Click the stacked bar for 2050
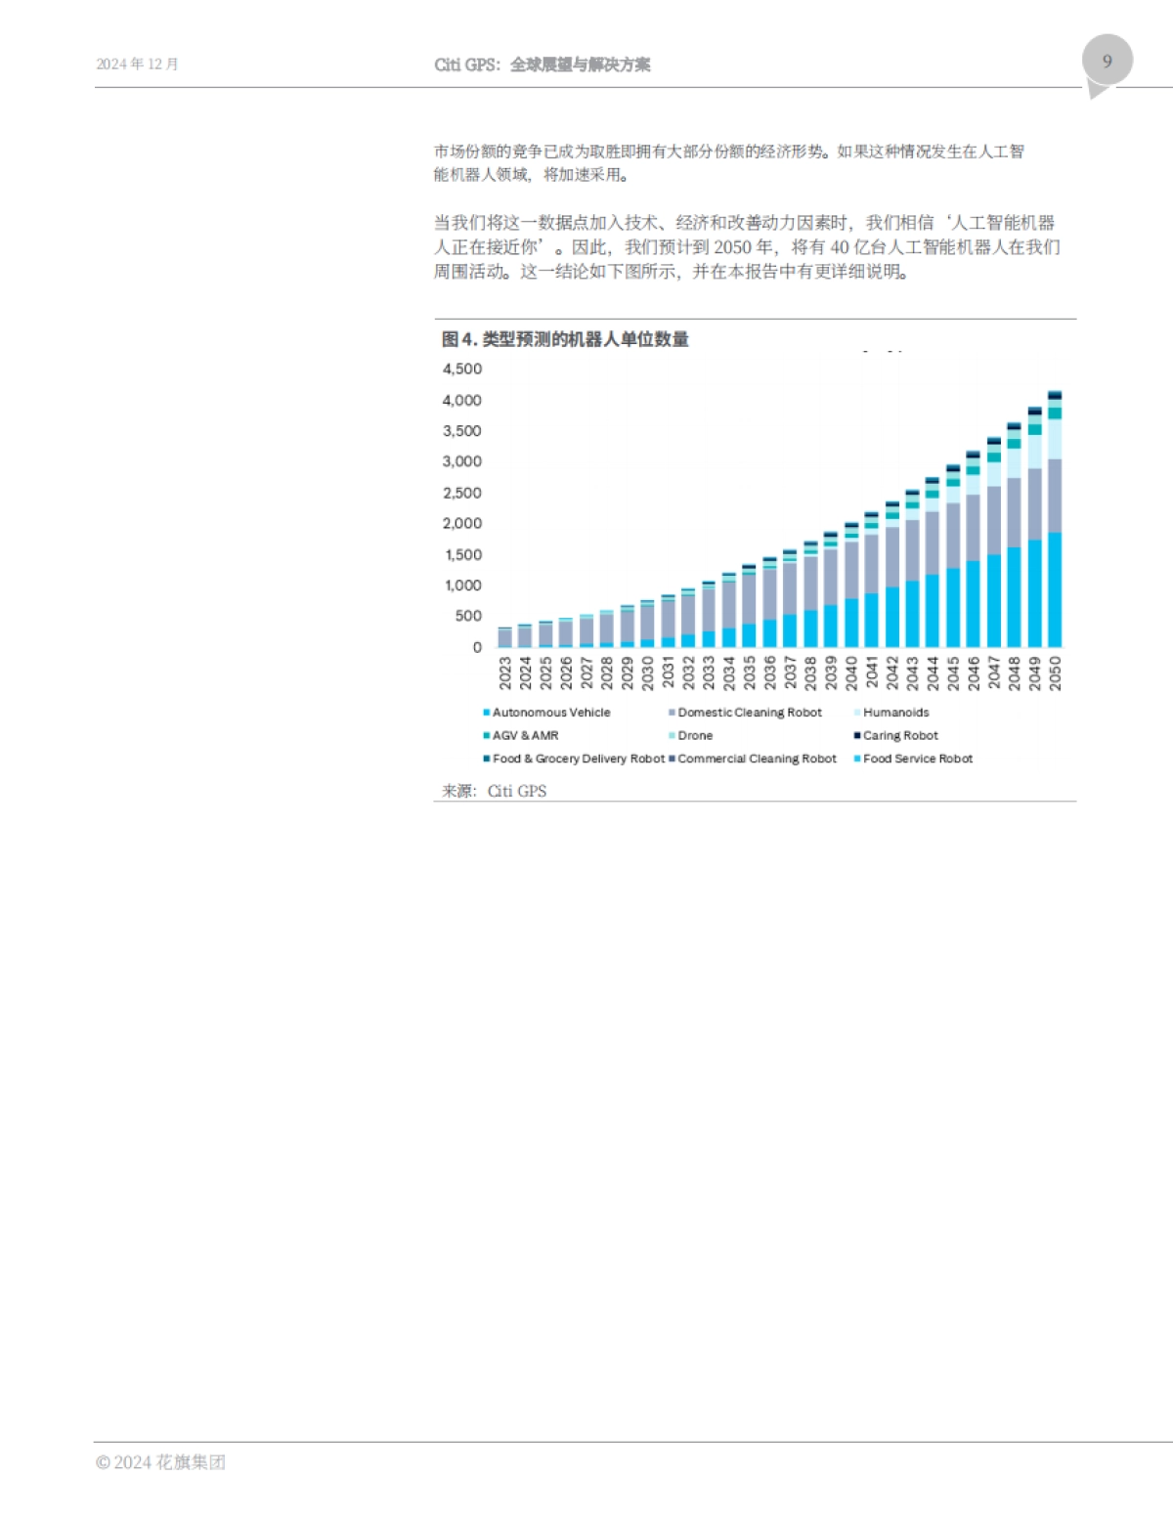(1055, 519)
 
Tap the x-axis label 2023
(505, 673)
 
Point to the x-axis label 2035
(750, 673)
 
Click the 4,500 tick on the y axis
(462, 369)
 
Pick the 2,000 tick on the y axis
(462, 523)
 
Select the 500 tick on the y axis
(468, 616)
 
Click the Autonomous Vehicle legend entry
(550, 713)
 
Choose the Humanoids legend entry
(895, 713)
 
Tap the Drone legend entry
(695, 735)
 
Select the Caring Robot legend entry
(899, 735)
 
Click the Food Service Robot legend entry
(917, 759)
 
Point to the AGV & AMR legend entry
(525, 735)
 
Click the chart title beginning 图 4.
(565, 339)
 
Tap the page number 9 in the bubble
(1107, 61)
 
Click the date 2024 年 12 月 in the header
(137, 65)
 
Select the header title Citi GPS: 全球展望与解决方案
(543, 65)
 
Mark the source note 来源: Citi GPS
(494, 791)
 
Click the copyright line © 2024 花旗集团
(160, 1462)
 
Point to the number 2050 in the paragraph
(732, 247)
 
